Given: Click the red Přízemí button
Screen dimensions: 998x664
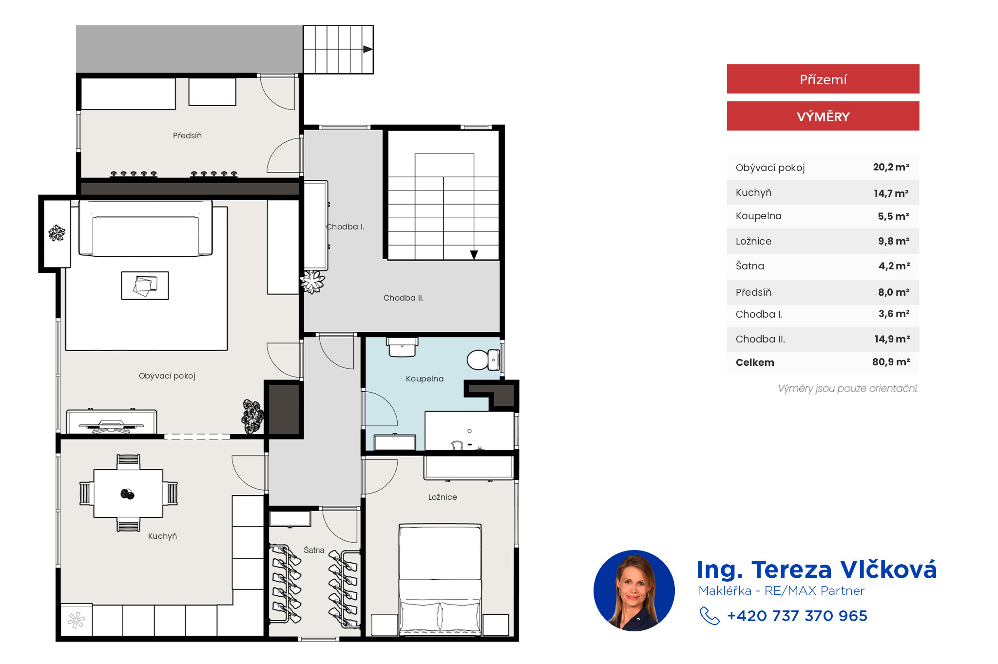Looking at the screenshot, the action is tap(823, 79).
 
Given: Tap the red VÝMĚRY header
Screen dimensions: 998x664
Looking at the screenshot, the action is tap(823, 116).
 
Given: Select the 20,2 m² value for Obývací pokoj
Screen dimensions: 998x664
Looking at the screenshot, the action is tap(891, 167).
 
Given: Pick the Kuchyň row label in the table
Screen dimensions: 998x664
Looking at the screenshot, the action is tap(753, 192).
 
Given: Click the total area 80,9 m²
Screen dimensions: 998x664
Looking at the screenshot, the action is tap(891, 362).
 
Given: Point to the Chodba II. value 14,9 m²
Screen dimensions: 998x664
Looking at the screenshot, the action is tap(892, 339).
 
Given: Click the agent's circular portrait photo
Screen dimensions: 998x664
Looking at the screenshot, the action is tap(634, 590).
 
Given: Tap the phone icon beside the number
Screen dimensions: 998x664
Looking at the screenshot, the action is tap(710, 616).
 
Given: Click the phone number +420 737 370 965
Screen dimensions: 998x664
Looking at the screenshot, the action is tap(797, 616).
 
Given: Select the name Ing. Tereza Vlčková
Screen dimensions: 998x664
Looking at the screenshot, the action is tap(817, 569).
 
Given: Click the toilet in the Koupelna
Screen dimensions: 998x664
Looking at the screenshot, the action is tap(483, 360).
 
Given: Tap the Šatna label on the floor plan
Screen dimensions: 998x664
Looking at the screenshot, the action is tap(314, 550).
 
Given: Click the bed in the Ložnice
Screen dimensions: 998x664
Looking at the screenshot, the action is tap(440, 580).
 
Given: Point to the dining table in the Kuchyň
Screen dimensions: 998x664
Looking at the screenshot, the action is tap(128, 493).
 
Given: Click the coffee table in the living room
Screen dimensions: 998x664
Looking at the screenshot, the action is tap(145, 285).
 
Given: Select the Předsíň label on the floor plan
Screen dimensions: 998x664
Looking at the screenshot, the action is tap(187, 135).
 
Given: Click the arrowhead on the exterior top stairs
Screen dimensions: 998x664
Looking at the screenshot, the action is tap(368, 49).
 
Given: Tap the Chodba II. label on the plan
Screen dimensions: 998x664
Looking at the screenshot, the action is tap(403, 298).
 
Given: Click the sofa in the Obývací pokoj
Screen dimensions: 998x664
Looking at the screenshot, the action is tap(146, 228).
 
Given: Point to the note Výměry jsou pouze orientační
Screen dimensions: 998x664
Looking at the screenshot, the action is tap(848, 388).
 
